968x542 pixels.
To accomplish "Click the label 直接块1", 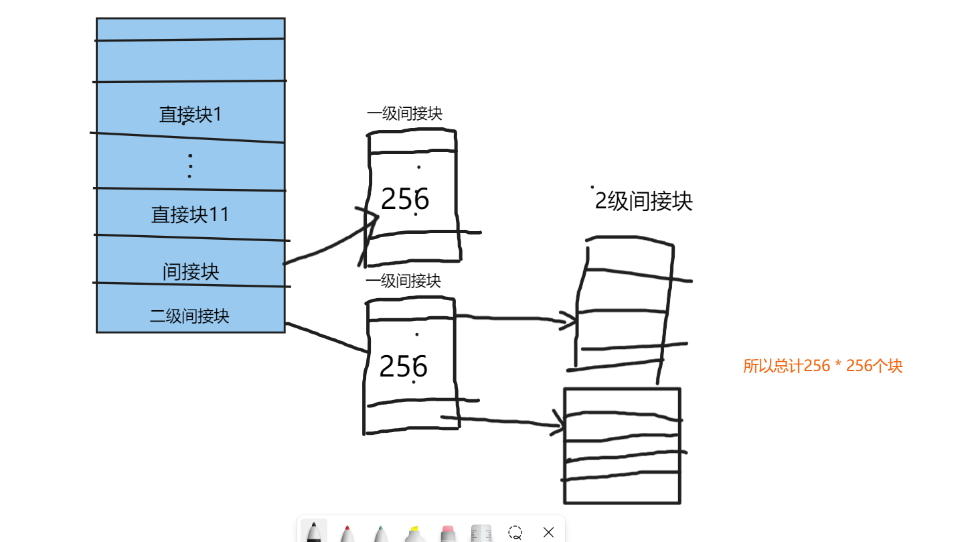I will (x=190, y=115).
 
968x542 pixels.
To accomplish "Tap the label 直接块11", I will (x=190, y=214).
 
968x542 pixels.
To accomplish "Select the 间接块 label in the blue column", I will (x=191, y=271).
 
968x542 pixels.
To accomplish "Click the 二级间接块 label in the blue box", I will (x=189, y=316).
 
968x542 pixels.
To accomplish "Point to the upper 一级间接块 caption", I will (x=404, y=114).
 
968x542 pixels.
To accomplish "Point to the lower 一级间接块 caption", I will (x=403, y=281).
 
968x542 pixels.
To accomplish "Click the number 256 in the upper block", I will (x=404, y=199).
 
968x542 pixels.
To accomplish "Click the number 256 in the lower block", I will (x=403, y=366).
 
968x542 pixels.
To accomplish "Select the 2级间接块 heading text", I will (x=643, y=201).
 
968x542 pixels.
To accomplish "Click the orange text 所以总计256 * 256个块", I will (x=823, y=366).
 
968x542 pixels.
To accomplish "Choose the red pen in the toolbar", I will (x=347, y=533).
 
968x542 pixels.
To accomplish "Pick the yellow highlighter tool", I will (x=414, y=533).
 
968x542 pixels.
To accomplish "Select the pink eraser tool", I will (x=448, y=533).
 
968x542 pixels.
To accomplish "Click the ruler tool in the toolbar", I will (x=481, y=533).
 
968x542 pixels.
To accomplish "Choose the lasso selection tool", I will (x=515, y=533).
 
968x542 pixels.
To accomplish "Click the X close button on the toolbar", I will (x=548, y=533).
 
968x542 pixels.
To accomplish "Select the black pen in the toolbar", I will (x=313, y=533).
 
